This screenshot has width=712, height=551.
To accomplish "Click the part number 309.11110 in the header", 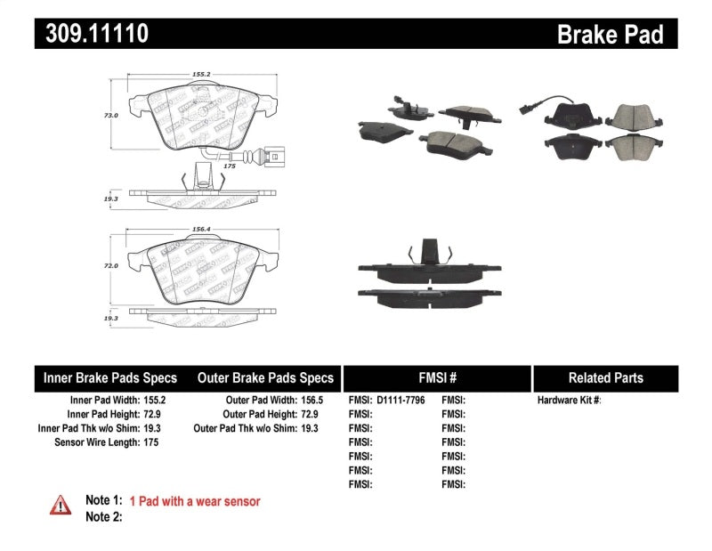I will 91,34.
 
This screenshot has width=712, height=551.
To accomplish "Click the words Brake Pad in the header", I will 610,34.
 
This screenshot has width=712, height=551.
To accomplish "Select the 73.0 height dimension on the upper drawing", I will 111,115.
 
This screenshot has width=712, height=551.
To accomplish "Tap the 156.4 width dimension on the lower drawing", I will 201,229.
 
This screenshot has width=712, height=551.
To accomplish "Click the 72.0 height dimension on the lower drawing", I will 111,265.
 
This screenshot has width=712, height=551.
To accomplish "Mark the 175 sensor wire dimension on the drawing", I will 228,166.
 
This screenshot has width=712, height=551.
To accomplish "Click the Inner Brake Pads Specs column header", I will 110,378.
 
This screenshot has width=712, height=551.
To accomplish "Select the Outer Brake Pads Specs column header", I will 265,378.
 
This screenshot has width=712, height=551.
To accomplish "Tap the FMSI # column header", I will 436,378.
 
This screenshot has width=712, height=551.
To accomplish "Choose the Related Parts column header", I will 605,378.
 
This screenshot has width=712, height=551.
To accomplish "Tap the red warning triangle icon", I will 61,504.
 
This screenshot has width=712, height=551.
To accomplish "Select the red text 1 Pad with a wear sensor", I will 195,501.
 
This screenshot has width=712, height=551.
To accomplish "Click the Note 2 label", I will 103,517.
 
